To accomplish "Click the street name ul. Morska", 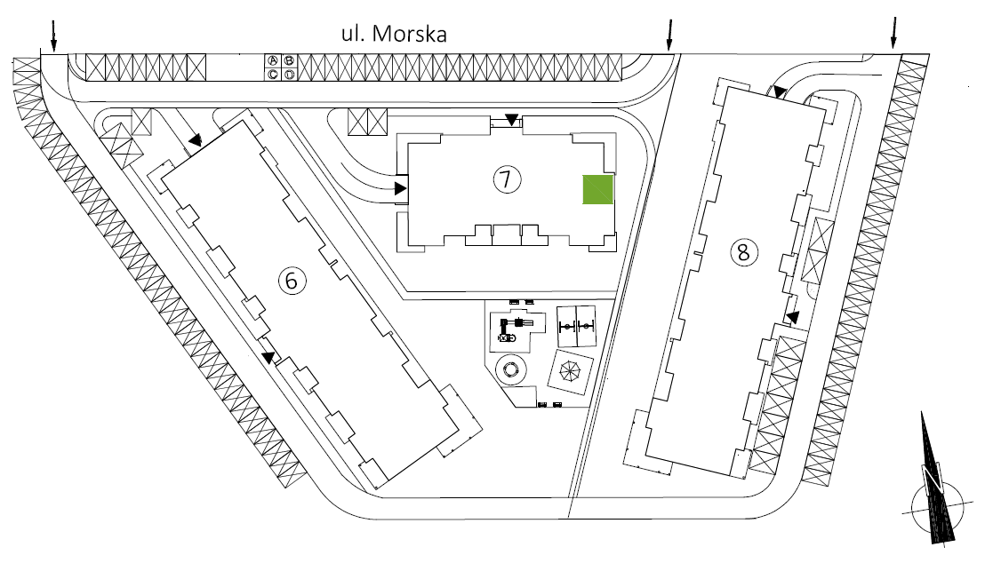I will (394, 35).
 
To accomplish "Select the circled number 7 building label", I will (505, 179).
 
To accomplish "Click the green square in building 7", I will (598, 190).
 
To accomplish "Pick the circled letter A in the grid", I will (275, 60).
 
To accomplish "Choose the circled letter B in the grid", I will (289, 60).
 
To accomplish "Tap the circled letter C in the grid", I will (275, 74).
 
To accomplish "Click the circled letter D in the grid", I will (289, 74).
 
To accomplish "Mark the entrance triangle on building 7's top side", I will (511, 119).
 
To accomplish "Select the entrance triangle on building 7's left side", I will (400, 188).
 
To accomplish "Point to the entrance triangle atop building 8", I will (779, 91).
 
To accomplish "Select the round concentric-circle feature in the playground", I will (511, 369).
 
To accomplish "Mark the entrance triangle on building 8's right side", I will (792, 316).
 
